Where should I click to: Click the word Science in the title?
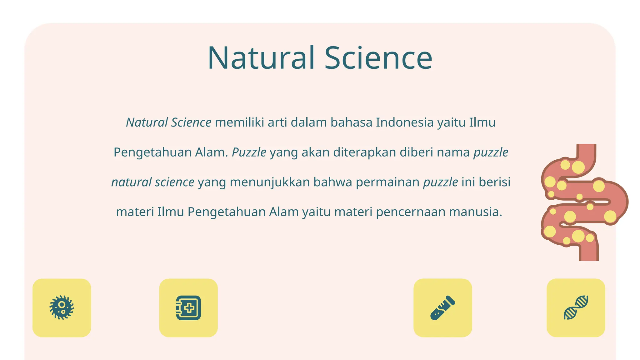378,58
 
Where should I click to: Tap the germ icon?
62,308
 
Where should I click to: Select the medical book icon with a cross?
188,308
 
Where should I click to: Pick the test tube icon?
442,308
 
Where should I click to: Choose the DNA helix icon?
576,308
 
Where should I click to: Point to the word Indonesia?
405,122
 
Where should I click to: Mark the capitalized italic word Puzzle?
249,152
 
